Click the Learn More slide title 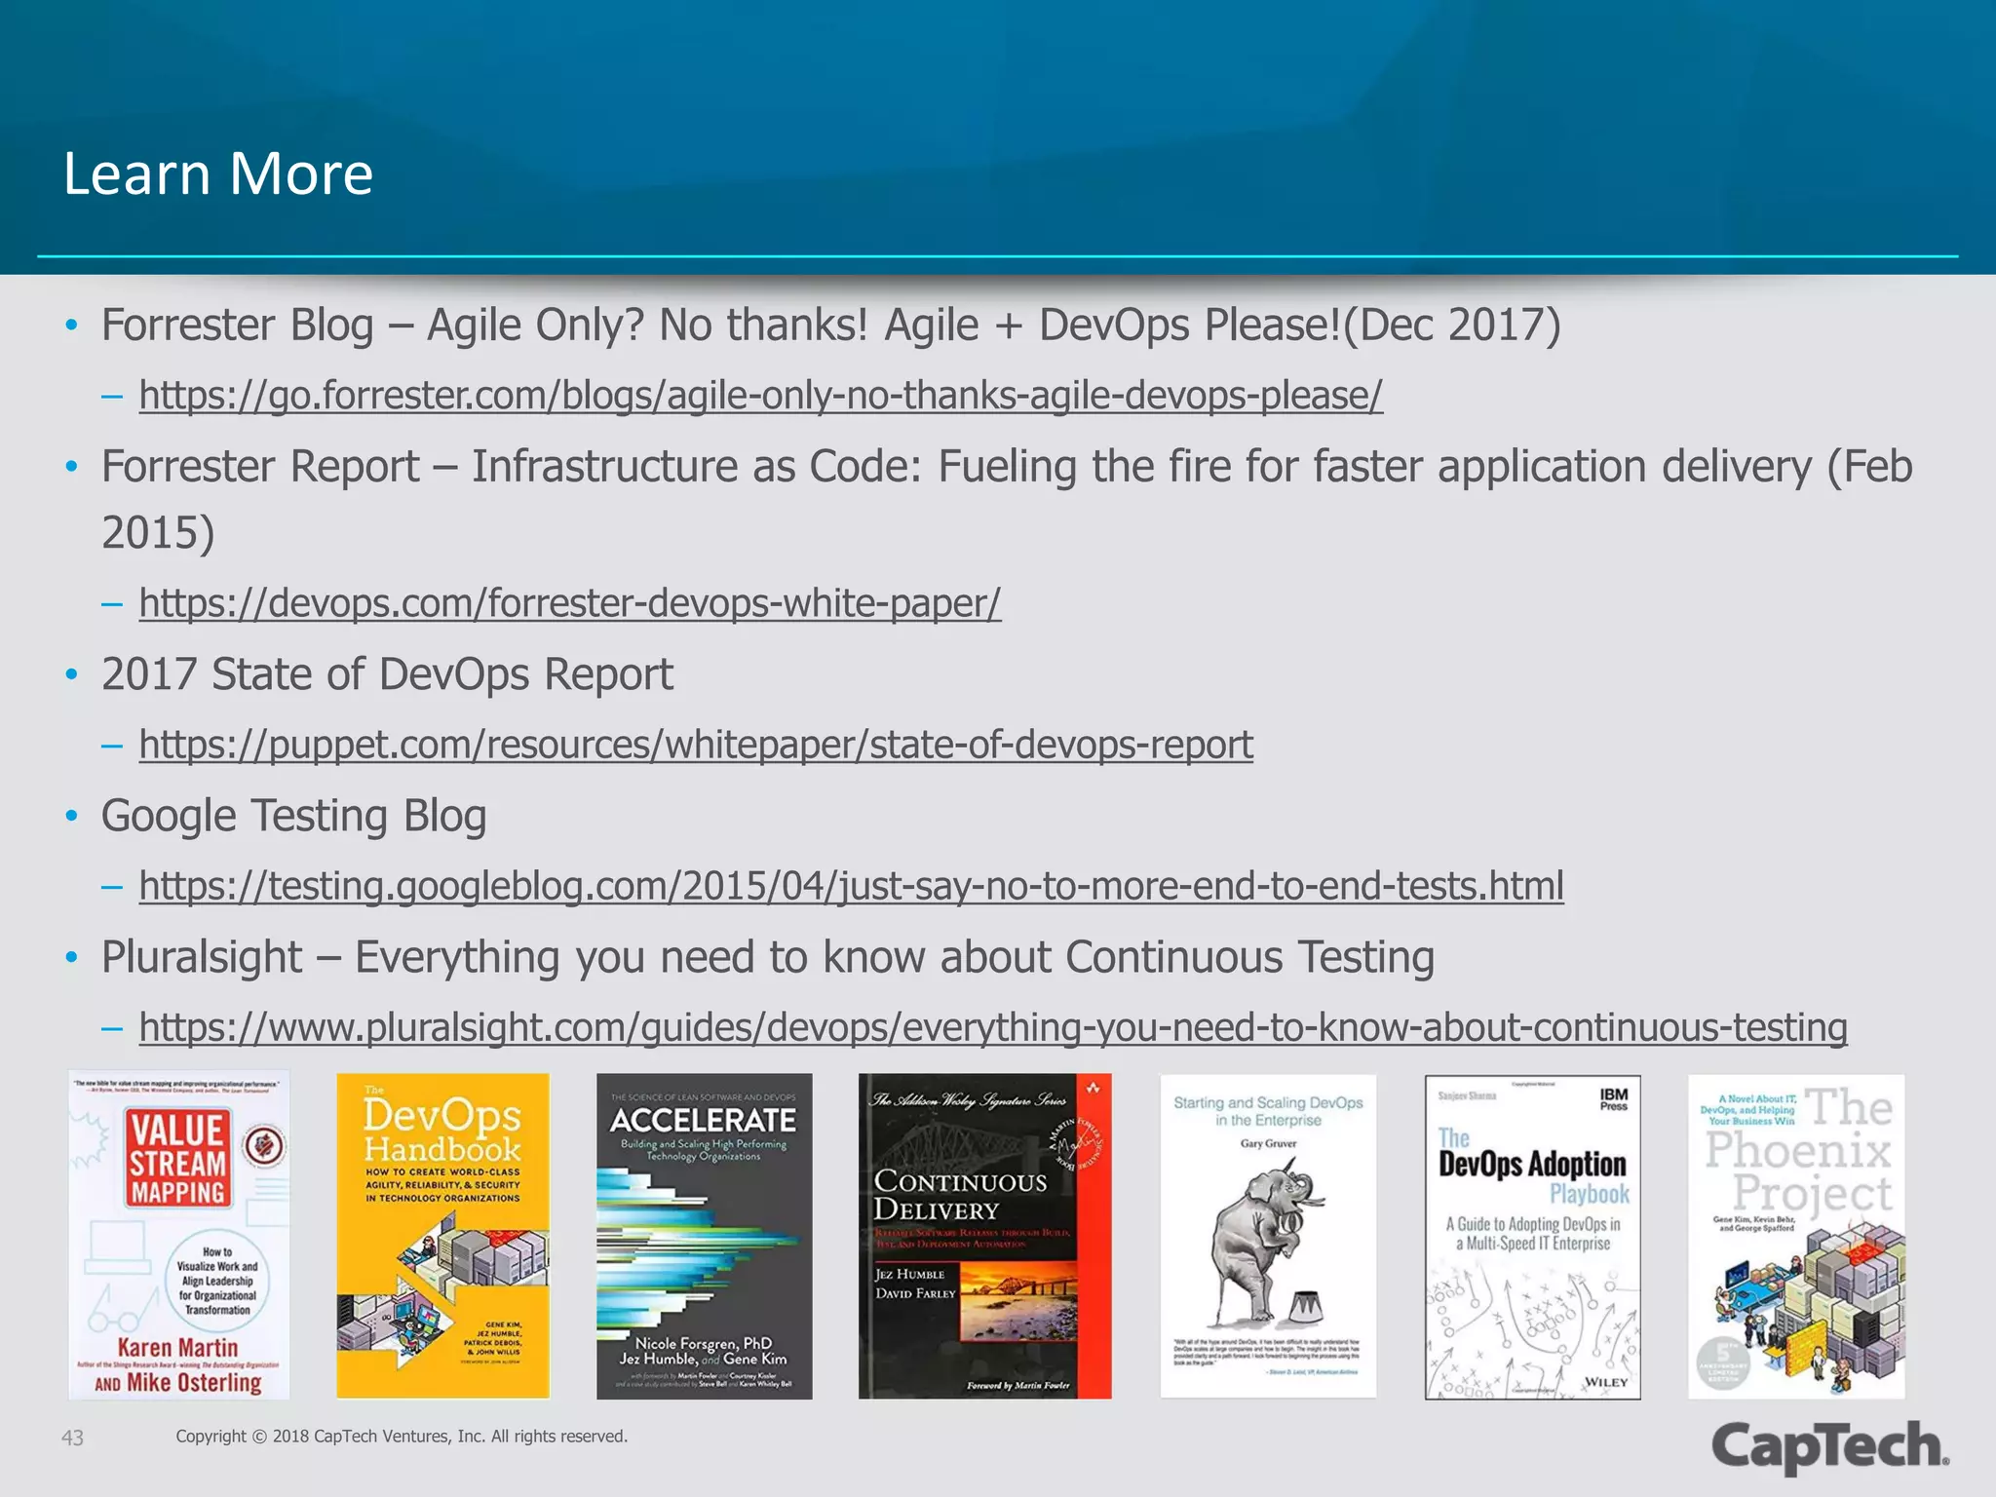tap(218, 173)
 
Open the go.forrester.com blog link tap(760, 396)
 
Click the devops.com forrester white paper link tap(569, 603)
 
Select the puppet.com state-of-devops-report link tap(696, 745)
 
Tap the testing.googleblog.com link tap(851, 886)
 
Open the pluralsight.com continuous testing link tap(992, 1027)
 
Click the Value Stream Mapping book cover tap(178, 1236)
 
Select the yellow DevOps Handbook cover tap(442, 1236)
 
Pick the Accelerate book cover tap(704, 1236)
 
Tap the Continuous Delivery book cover tap(984, 1236)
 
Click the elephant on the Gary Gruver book tap(1263, 1238)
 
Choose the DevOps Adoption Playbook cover tap(1532, 1236)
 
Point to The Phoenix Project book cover tap(1795, 1236)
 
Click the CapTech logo tap(1829, 1445)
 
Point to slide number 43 tap(72, 1438)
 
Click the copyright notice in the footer tap(402, 1437)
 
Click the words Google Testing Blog tap(293, 816)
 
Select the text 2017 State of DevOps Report tap(387, 674)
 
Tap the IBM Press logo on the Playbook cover tap(1613, 1099)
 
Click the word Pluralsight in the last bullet tap(202, 957)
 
